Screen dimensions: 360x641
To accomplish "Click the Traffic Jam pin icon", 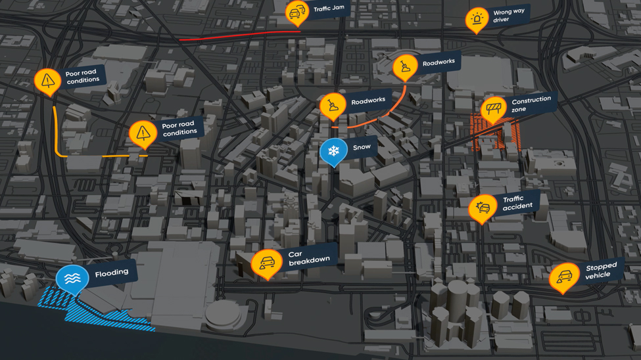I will pos(297,12).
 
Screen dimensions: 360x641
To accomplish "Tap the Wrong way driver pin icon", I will pos(477,20).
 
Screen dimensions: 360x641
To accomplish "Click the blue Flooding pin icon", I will pos(72,279).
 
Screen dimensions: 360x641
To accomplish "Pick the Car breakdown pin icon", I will pos(266,264).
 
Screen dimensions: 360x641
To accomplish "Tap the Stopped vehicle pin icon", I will pos(563,277).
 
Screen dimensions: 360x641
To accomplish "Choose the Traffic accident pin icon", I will pos(483,208).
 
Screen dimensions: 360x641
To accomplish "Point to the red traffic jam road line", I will pos(237,35).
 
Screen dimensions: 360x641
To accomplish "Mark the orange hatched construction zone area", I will pos(496,133).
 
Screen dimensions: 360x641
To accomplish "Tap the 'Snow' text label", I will pos(362,147).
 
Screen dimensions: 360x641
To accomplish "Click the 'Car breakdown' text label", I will pos(309,258).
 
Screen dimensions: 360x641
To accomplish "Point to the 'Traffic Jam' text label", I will pos(329,9).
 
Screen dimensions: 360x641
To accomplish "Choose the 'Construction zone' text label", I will pos(531,104).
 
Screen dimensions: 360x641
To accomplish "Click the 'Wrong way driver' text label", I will pos(510,16).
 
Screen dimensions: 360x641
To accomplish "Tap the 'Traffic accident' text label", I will pos(517,203).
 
